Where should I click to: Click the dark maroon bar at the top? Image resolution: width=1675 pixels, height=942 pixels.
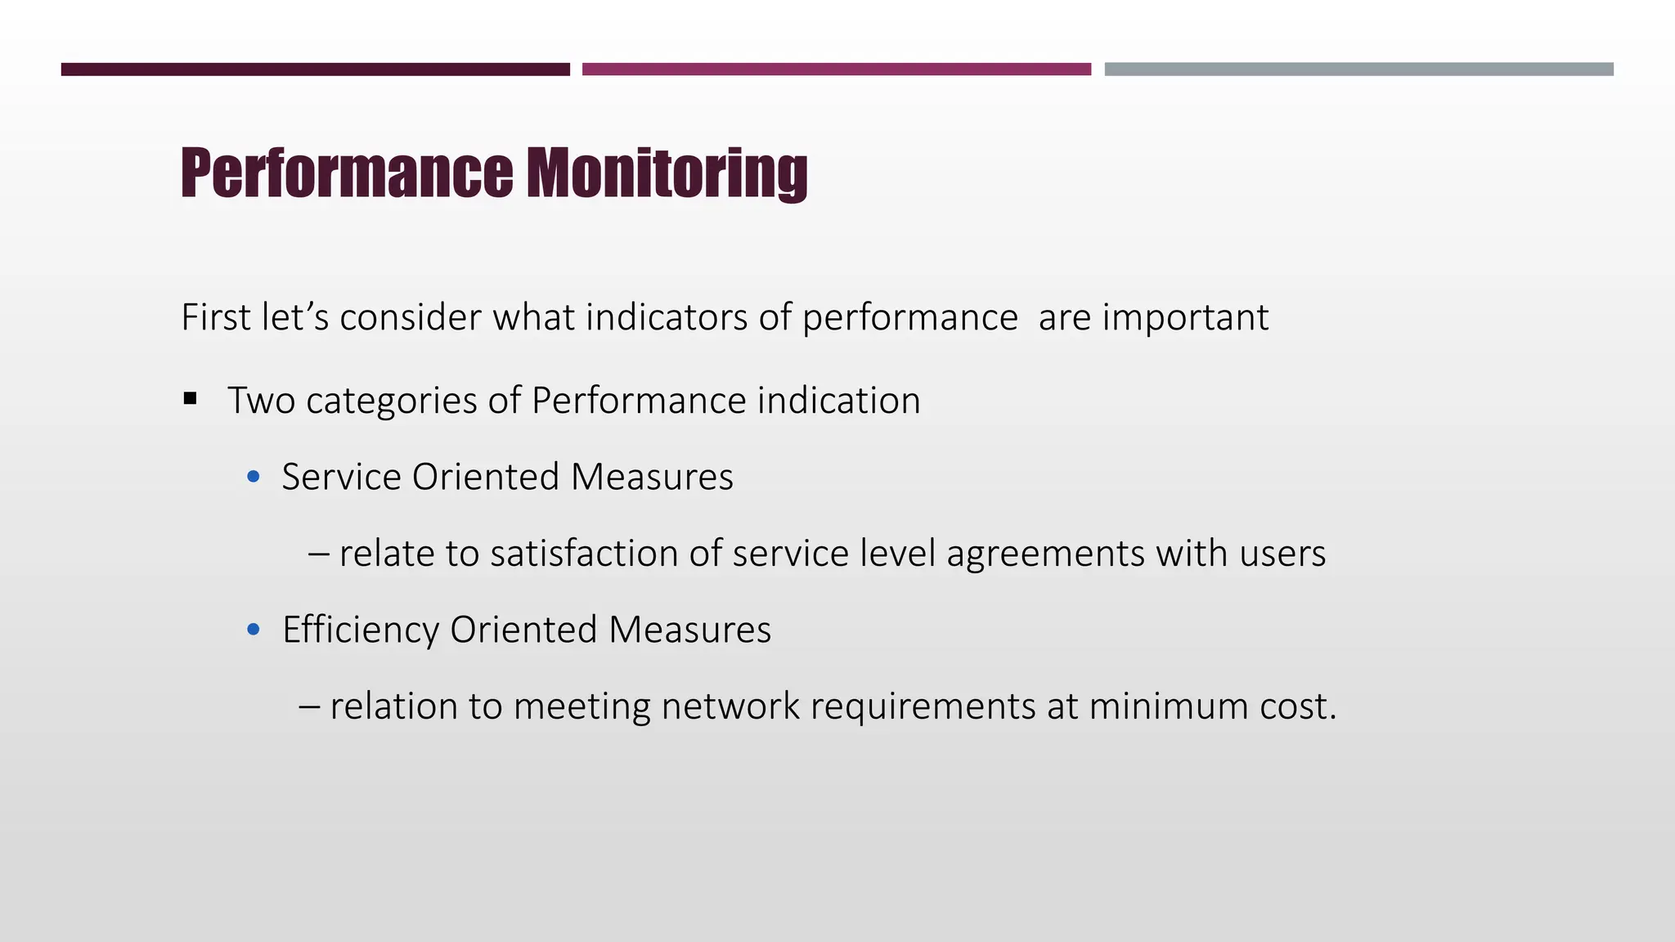(315, 70)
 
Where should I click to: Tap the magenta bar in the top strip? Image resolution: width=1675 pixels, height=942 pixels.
(836, 70)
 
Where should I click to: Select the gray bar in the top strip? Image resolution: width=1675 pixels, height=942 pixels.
(1358, 70)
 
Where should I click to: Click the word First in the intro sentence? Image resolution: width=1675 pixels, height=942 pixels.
(216, 317)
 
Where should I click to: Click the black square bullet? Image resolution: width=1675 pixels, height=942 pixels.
(191, 399)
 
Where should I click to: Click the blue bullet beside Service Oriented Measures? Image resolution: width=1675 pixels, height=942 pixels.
(254, 476)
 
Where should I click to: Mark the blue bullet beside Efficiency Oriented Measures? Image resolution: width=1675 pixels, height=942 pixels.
(254, 629)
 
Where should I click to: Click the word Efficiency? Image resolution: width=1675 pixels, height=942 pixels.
(361, 630)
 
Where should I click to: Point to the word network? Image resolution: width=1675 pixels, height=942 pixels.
(730, 706)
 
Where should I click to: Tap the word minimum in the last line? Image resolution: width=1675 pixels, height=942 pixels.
(1169, 706)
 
